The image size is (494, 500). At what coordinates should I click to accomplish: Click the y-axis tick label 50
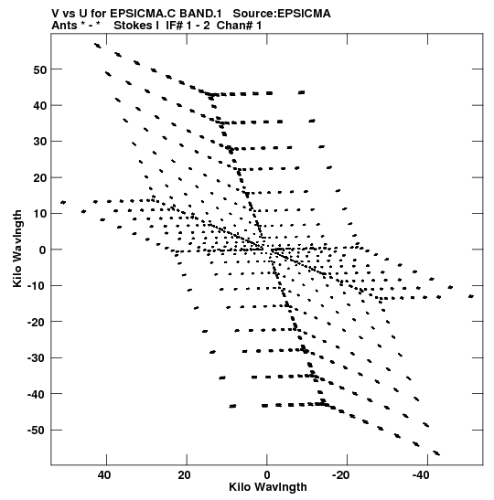click(x=40, y=69)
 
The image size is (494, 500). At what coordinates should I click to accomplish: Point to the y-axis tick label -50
click(x=38, y=431)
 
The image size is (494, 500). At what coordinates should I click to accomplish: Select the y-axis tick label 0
click(x=43, y=250)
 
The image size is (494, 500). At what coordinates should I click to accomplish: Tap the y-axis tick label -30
click(x=38, y=358)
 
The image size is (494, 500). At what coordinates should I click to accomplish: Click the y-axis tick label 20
click(x=40, y=177)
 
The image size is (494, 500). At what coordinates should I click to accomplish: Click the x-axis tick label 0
click(x=267, y=475)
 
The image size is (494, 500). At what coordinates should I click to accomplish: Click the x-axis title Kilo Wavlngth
click(x=268, y=487)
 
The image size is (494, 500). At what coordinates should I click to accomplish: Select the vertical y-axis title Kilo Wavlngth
click(x=17, y=249)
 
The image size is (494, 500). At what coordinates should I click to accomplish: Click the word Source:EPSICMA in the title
click(x=282, y=14)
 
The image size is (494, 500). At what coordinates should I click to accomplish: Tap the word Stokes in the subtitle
click(x=134, y=26)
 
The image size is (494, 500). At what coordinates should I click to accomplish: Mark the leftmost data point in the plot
click(x=63, y=203)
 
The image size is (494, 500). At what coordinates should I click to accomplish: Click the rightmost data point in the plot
click(x=471, y=296)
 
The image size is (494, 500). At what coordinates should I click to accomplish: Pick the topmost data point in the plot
click(x=97, y=46)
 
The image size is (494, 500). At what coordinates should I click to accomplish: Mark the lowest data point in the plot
click(x=436, y=453)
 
